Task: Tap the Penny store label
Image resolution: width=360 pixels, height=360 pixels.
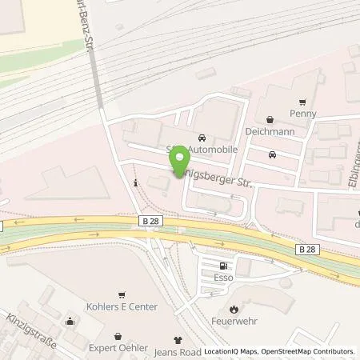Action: click(303, 114)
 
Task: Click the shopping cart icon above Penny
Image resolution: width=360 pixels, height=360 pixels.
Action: click(302, 102)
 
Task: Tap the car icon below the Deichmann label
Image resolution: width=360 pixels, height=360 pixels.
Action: click(273, 154)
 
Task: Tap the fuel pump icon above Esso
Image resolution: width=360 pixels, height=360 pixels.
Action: click(222, 267)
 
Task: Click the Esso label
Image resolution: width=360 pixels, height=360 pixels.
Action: click(222, 279)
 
